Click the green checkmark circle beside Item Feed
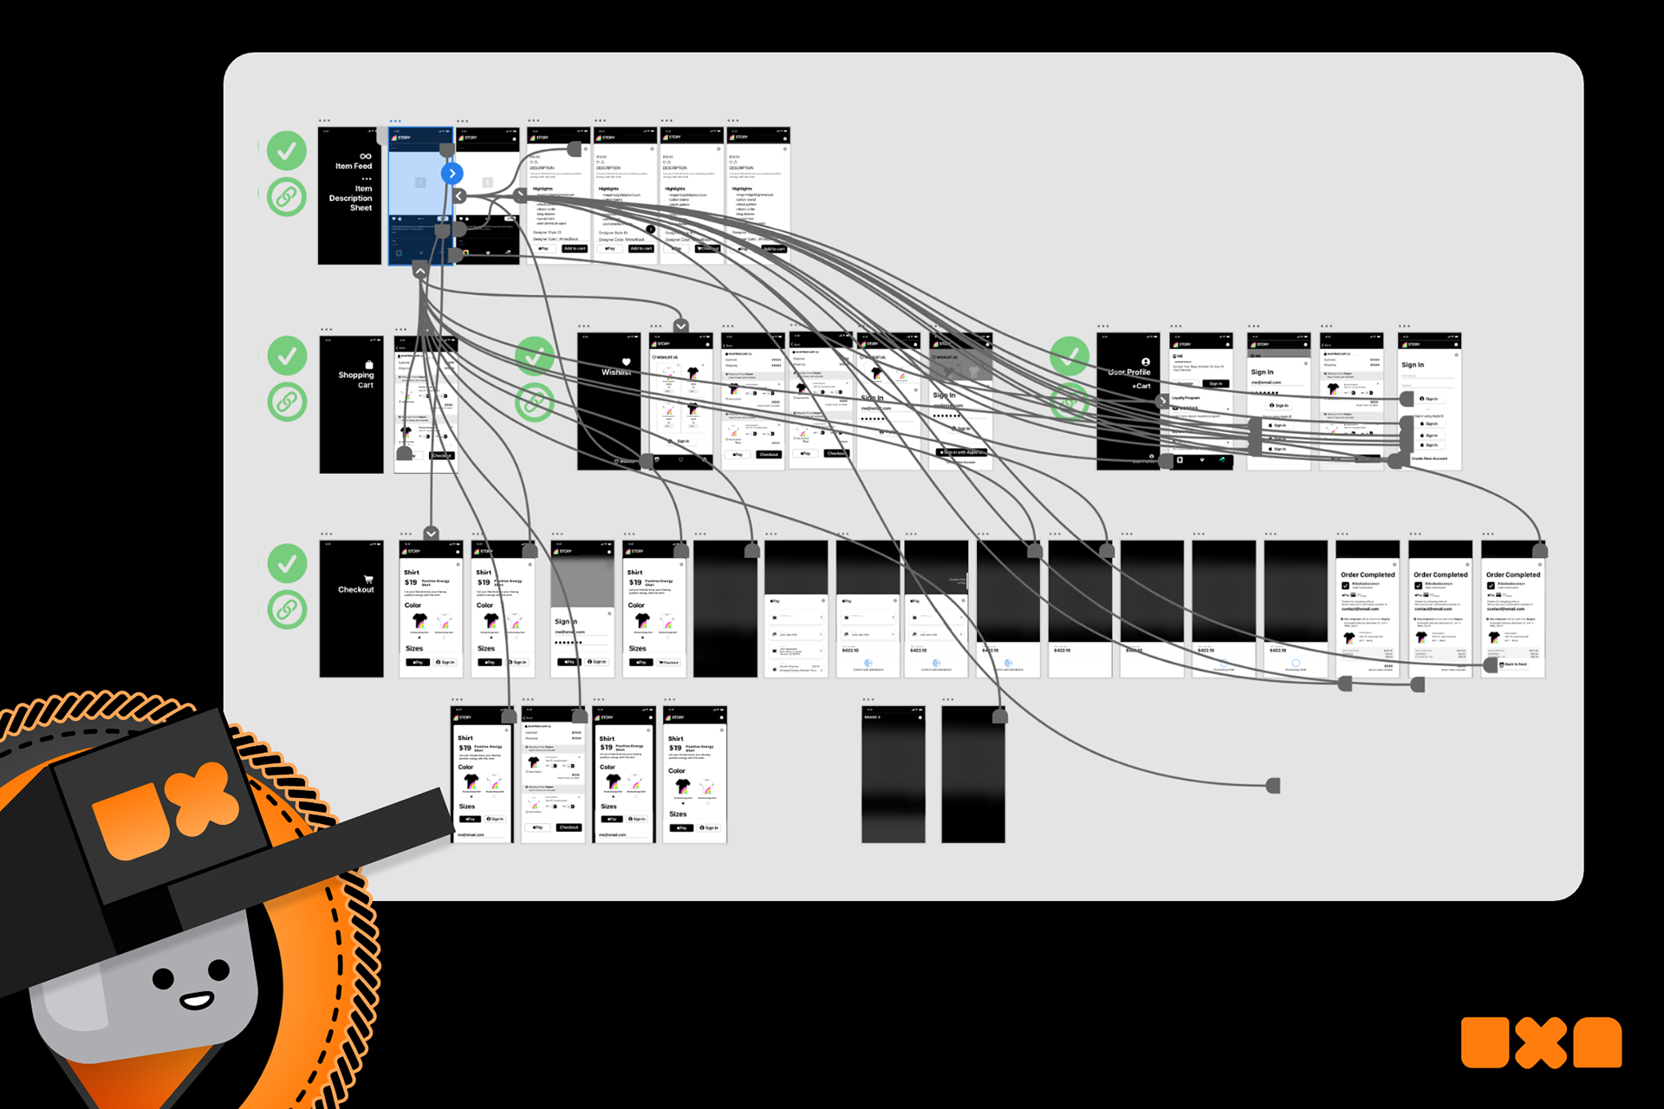pyautogui.click(x=286, y=151)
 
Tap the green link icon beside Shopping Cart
pyautogui.click(x=286, y=402)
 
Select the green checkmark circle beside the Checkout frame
pyautogui.click(x=286, y=564)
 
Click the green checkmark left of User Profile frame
pyautogui.click(x=1069, y=356)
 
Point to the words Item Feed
pyautogui.click(x=354, y=166)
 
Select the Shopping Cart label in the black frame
pyautogui.click(x=356, y=379)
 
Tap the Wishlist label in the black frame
pyautogui.click(x=615, y=373)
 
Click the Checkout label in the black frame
pyautogui.click(x=355, y=590)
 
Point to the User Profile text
pyautogui.click(x=1130, y=373)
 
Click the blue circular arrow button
pyautogui.click(x=452, y=173)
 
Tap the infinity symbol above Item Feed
pyautogui.click(x=366, y=156)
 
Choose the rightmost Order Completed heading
pyautogui.click(x=1513, y=574)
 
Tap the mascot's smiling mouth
pyautogui.click(x=196, y=1001)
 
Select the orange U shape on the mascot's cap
pyautogui.click(x=130, y=824)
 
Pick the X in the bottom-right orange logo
pyautogui.click(x=1541, y=1042)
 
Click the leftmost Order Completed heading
pyautogui.click(x=1368, y=574)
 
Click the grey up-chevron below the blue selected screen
pyautogui.click(x=420, y=271)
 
